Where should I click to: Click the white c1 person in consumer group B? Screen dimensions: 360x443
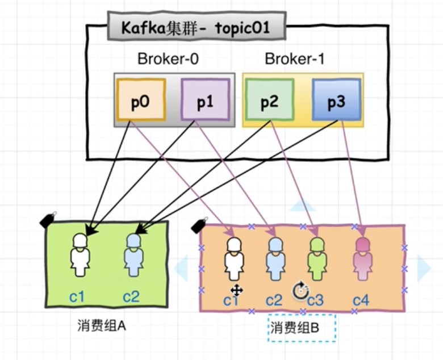click(x=234, y=259)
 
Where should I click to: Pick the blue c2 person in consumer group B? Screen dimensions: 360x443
click(x=275, y=259)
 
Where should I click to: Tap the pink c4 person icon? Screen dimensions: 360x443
click(x=361, y=259)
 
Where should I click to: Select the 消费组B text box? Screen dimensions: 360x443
click(x=294, y=328)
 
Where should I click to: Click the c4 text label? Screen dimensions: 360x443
click(x=361, y=299)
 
